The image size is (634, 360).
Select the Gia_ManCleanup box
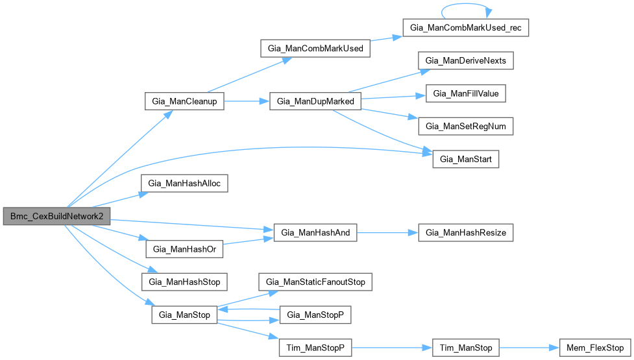click(x=184, y=102)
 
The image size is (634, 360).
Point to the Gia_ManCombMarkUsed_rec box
click(x=465, y=29)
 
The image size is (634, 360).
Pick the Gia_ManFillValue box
click(x=465, y=93)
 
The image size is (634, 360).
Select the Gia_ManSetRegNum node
click(x=465, y=126)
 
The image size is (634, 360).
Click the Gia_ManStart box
click(x=465, y=158)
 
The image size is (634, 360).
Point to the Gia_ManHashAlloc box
click(x=184, y=184)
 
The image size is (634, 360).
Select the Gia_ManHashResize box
click(x=465, y=232)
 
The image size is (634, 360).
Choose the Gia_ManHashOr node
click(x=184, y=248)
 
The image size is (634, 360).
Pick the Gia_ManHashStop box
click(x=184, y=282)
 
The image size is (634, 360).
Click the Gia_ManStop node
click(x=184, y=315)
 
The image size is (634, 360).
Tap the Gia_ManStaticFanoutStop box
click(x=315, y=282)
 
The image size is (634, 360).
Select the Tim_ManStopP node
click(x=315, y=347)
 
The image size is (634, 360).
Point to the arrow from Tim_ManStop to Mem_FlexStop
click(x=524, y=347)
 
